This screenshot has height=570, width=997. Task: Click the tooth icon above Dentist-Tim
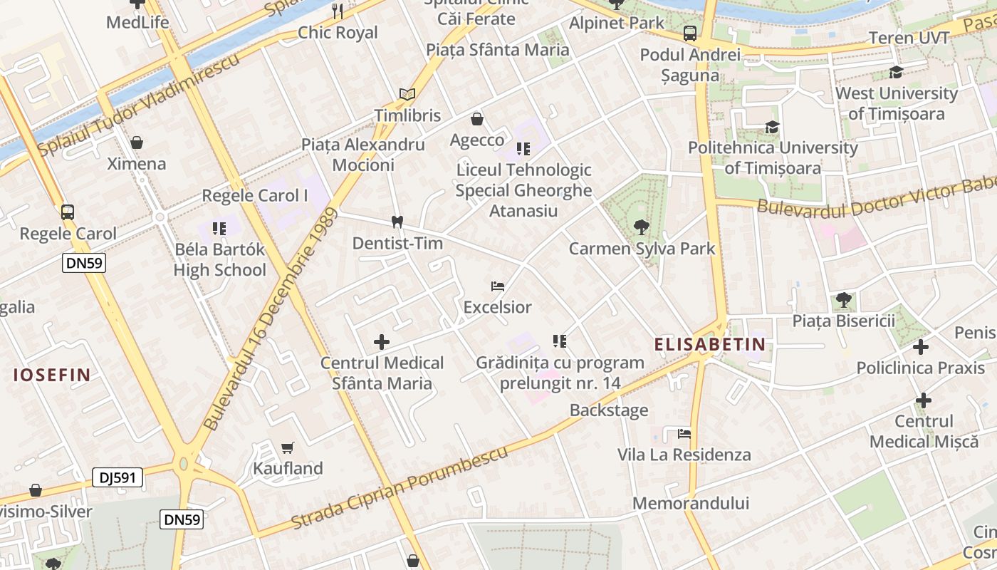tap(397, 222)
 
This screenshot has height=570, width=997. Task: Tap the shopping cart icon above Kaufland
tap(287, 447)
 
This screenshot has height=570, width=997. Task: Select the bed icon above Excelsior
tap(498, 286)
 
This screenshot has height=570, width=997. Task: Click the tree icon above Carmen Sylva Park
tap(642, 227)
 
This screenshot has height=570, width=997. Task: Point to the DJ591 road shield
tap(118, 477)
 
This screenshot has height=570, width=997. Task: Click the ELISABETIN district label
tap(710, 345)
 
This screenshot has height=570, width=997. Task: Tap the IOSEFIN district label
tap(52, 375)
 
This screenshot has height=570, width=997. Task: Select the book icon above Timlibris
tap(407, 94)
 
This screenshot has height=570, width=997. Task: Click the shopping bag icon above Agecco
tap(477, 119)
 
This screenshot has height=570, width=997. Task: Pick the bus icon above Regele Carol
tap(68, 212)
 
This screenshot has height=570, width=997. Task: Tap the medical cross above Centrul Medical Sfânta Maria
tap(382, 342)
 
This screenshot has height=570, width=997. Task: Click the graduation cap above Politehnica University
tap(772, 127)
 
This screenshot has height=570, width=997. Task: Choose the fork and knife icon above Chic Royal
tap(338, 11)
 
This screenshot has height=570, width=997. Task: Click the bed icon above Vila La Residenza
tap(684, 433)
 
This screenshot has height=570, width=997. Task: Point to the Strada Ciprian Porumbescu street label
tap(400, 488)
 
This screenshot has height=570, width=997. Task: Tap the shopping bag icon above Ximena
tap(137, 142)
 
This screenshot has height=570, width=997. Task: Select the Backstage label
tap(609, 410)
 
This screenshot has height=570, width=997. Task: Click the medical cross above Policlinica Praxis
tap(921, 347)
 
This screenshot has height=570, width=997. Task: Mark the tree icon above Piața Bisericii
tap(844, 299)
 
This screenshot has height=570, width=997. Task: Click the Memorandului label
tap(691, 503)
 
